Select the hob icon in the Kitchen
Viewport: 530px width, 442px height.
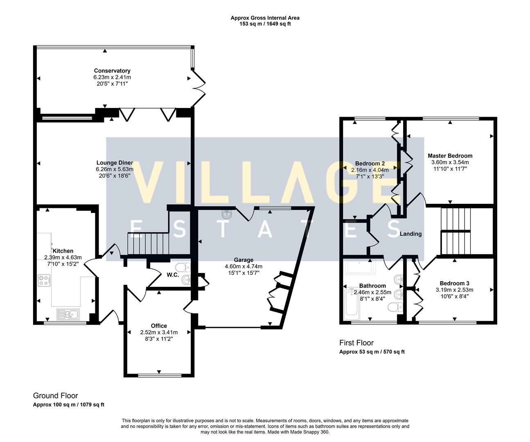click(44, 281)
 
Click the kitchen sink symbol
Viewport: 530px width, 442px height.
click(68, 314)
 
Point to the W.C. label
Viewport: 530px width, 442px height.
click(173, 275)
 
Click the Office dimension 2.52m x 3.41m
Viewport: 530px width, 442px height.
click(159, 332)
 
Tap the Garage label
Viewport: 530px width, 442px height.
click(244, 260)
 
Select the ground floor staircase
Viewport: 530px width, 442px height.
click(148, 244)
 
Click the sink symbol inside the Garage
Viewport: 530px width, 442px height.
click(226, 214)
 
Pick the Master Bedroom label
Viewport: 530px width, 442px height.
click(450, 156)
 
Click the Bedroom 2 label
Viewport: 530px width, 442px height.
click(370, 163)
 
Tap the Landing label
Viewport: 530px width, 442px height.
click(410, 234)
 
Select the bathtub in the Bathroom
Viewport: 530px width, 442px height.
click(352, 303)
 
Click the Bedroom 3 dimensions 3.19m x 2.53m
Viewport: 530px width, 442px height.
click(454, 290)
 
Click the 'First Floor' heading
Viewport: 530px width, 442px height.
click(356, 343)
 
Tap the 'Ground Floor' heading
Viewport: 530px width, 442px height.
click(55, 396)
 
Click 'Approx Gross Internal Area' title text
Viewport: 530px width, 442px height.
click(265, 18)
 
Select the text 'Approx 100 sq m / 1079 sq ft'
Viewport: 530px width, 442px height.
click(69, 405)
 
